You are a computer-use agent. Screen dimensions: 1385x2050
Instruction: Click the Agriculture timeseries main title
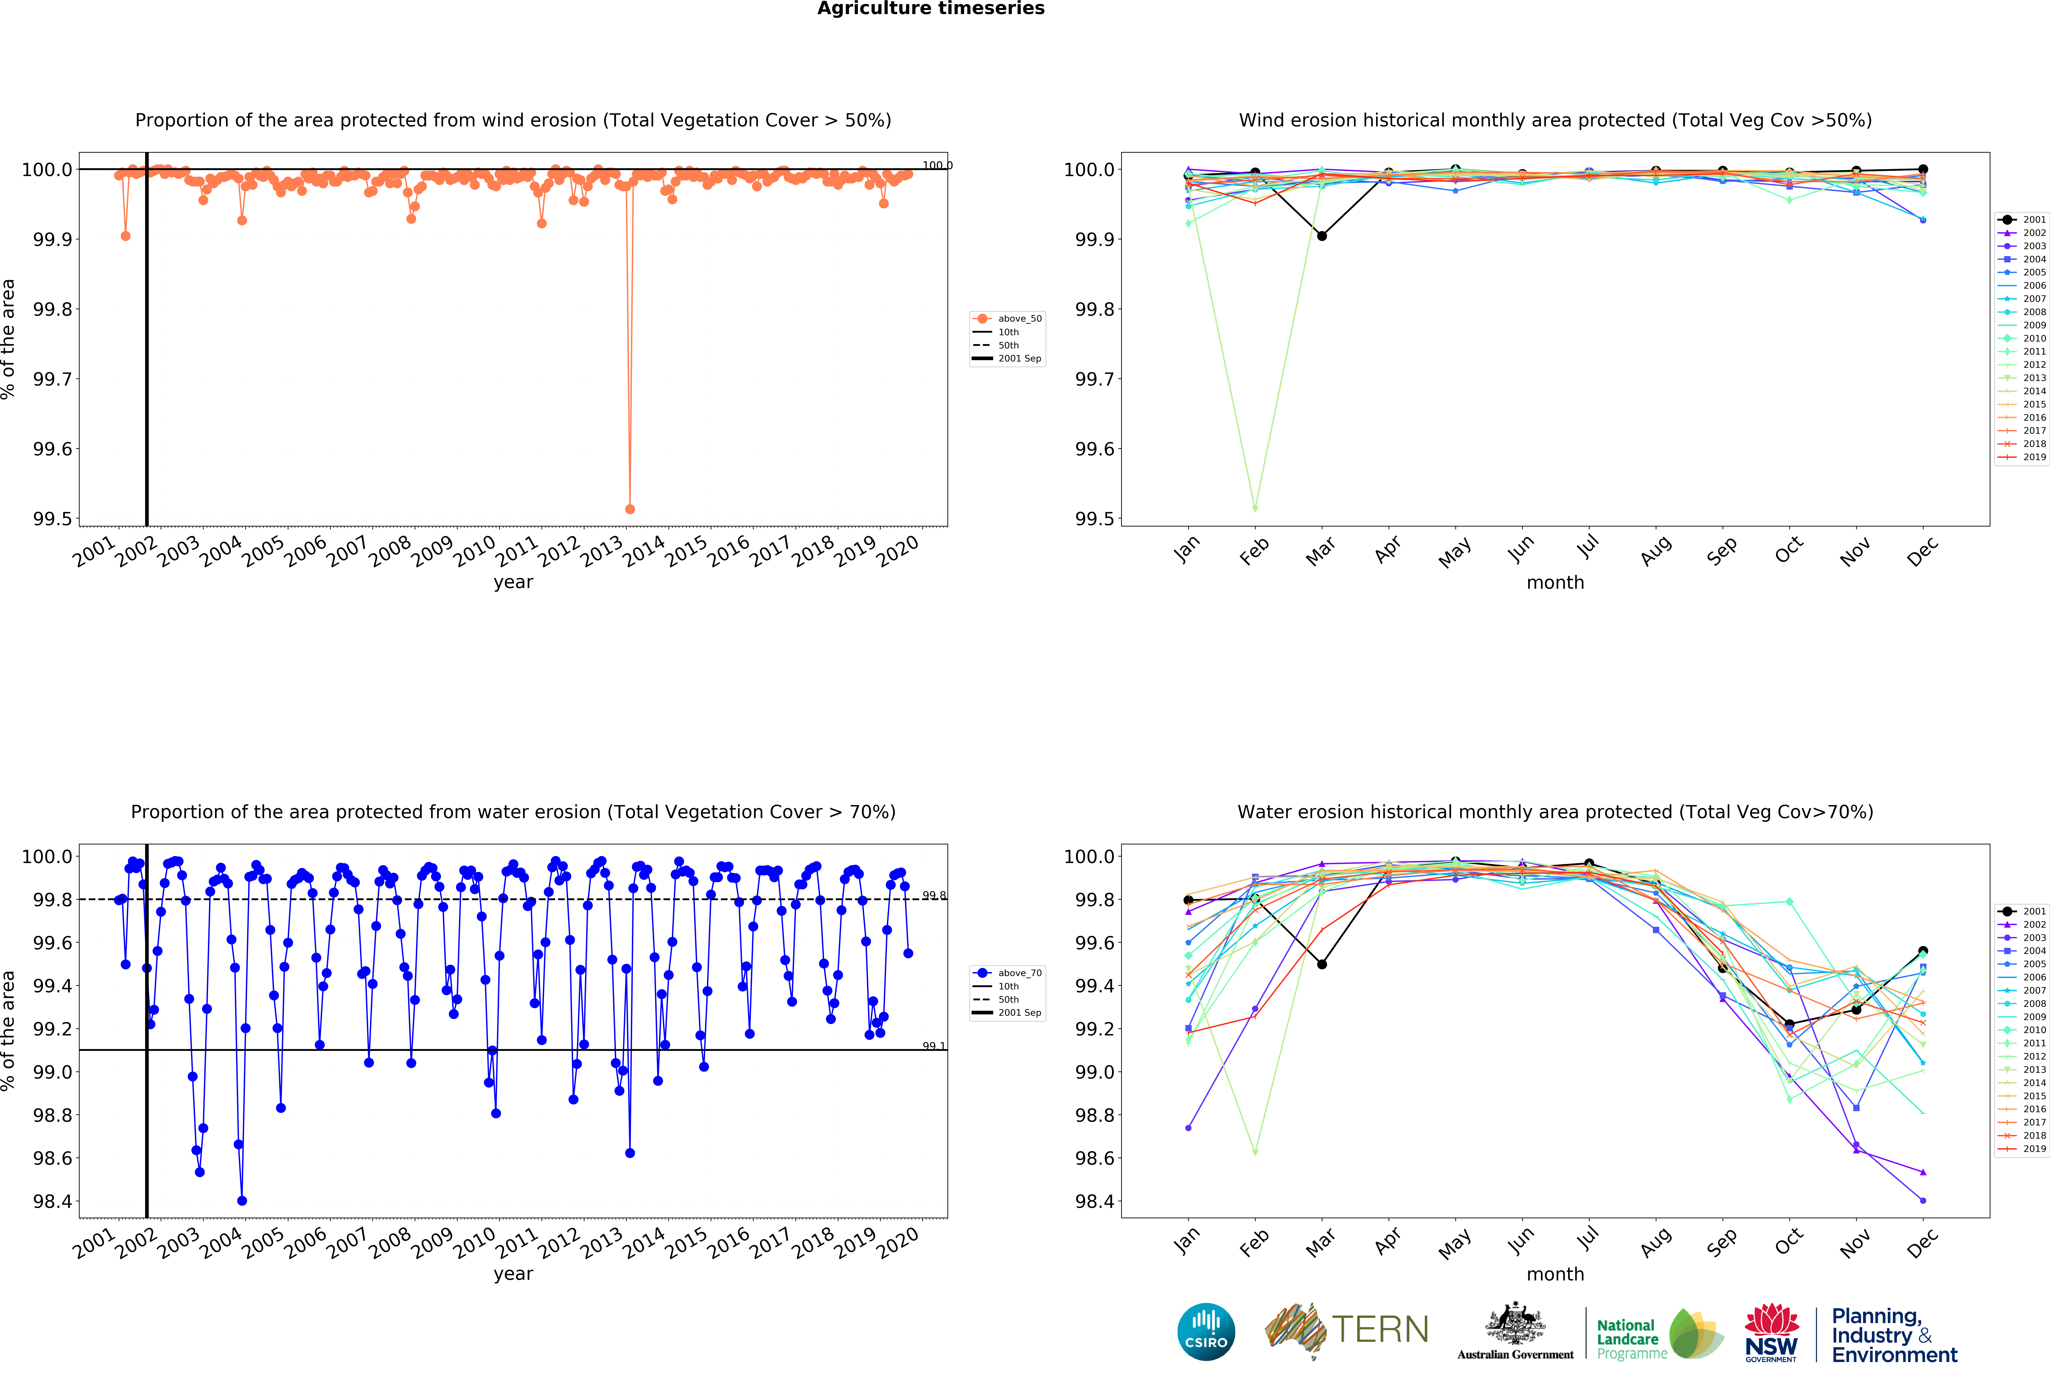pos(931,9)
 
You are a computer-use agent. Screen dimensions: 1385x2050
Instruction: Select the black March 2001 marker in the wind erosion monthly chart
pos(1321,235)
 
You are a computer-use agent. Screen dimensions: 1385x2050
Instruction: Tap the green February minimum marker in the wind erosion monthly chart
pos(1254,509)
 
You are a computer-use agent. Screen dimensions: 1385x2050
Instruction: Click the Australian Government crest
pos(1515,1323)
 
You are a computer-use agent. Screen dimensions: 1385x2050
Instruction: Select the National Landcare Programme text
pos(1631,1339)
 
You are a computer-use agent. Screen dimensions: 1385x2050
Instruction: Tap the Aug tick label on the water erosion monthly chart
pos(1656,1241)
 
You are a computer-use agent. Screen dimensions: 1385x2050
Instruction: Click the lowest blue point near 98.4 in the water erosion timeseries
pos(242,1201)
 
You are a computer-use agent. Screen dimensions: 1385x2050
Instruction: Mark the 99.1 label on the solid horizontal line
pos(933,1046)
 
